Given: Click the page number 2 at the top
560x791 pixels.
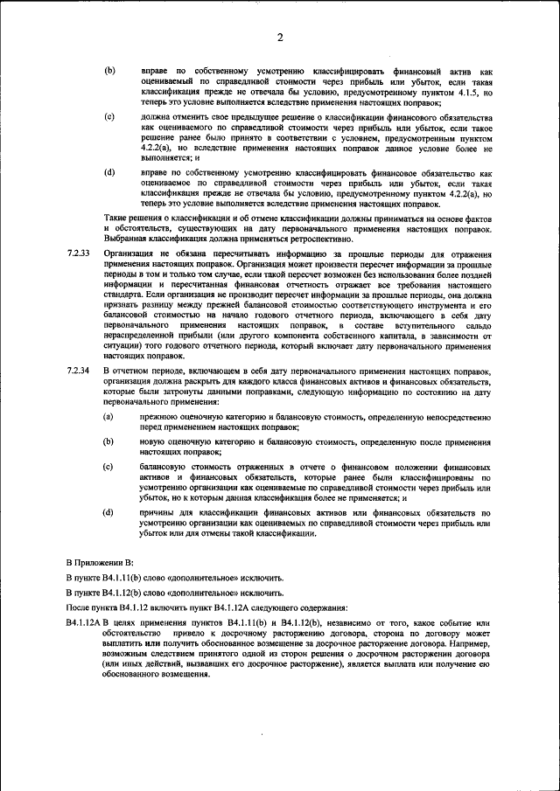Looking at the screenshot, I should tap(280, 37).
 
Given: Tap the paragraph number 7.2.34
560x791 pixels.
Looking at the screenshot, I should tap(78, 371).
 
